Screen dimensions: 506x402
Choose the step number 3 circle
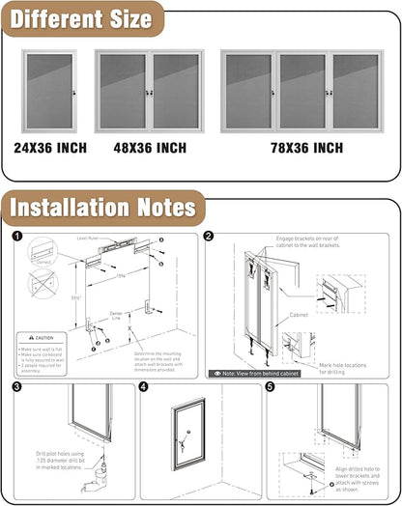(x=16, y=386)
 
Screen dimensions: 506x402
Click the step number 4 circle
(x=144, y=386)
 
